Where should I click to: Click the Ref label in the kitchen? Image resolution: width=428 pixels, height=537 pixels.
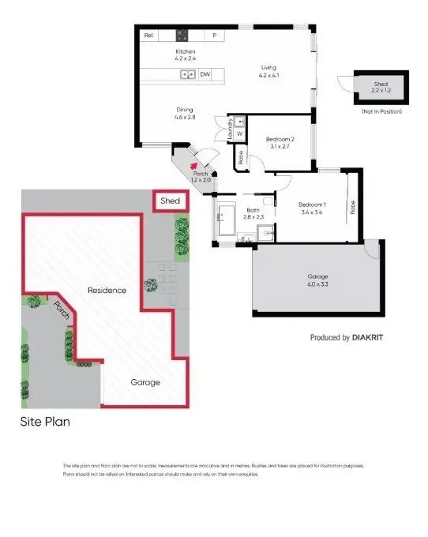point(148,36)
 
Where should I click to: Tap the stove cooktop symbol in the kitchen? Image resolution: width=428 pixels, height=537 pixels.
point(182,36)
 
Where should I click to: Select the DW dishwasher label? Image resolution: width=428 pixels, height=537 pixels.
point(205,75)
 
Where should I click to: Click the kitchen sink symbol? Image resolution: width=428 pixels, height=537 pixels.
point(187,75)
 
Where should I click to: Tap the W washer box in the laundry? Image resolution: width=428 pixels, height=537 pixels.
point(238,133)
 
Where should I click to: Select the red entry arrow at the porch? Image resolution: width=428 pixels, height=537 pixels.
point(194,166)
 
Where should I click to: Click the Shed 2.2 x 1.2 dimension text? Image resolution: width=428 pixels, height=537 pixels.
point(381,91)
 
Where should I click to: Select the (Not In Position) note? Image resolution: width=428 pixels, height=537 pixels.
point(381,111)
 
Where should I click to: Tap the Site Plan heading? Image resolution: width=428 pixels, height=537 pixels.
point(45,422)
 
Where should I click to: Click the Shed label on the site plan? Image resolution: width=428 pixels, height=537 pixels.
point(170,201)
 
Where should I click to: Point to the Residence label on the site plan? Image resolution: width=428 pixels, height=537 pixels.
point(107,290)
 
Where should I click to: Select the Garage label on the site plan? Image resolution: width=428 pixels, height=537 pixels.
point(145,382)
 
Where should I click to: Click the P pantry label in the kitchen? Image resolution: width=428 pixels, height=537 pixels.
point(214,36)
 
